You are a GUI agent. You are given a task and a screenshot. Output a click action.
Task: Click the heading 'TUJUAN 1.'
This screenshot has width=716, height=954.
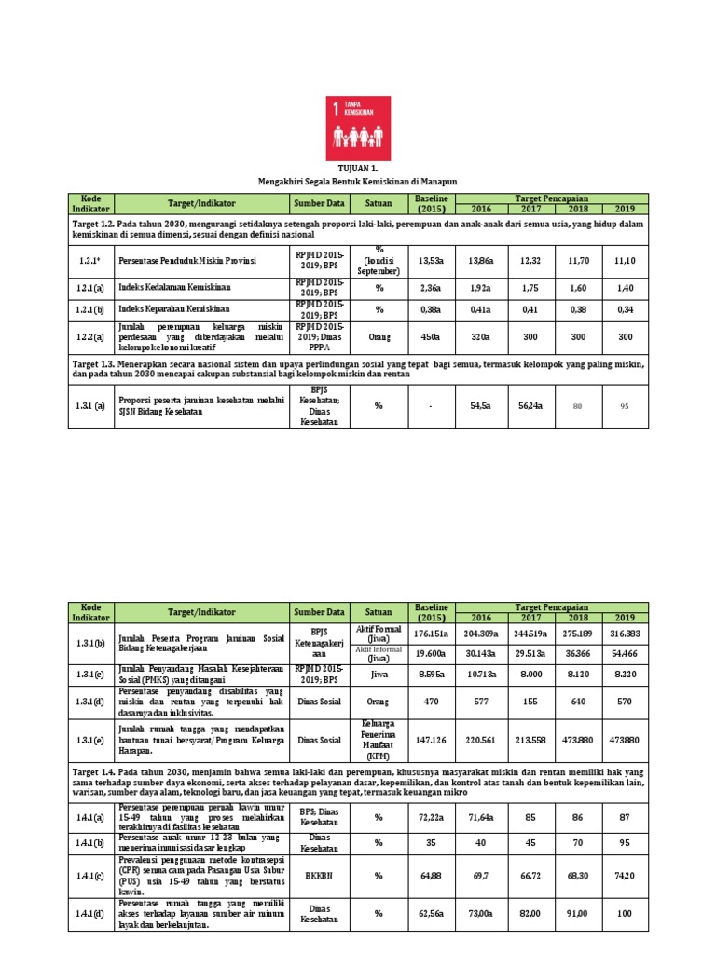[359, 169]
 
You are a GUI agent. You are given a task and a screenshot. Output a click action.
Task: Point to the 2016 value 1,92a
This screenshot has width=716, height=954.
[479, 289]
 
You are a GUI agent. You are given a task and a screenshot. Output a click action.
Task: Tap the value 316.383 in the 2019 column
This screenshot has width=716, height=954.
[625, 634]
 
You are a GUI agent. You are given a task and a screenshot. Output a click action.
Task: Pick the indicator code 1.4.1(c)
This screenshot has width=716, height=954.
[91, 876]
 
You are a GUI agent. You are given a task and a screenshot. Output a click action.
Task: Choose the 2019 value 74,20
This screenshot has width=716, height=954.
[625, 876]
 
